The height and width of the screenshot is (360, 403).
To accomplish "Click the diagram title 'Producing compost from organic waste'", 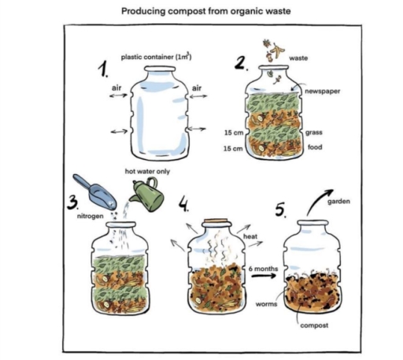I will [201, 13].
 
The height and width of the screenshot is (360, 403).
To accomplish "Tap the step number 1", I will [102, 71].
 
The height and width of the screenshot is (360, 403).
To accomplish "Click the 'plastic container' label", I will [157, 57].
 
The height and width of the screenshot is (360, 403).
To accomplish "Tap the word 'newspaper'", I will [323, 91].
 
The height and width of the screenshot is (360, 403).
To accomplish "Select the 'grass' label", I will [314, 132].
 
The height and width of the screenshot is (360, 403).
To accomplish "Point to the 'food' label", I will [313, 147].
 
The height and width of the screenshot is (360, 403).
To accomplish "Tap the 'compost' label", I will [315, 325].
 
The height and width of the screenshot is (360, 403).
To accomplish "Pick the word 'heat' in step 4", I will [251, 236].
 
